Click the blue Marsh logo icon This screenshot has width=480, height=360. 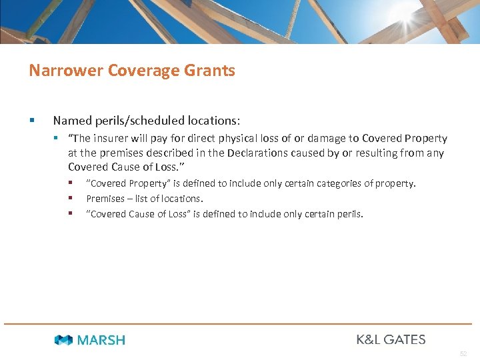[x=63, y=340]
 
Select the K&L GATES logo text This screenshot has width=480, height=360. [x=391, y=339]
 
